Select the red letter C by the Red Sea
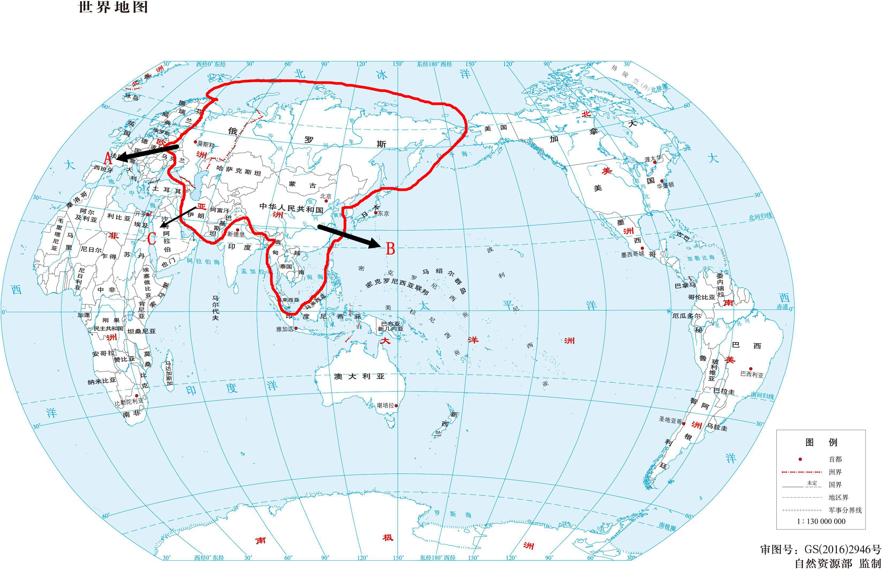(152, 239)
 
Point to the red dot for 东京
(376, 212)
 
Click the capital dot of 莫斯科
(195, 142)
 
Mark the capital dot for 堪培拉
(396, 405)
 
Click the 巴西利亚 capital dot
(751, 369)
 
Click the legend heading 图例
(821, 442)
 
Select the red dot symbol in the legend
(800, 459)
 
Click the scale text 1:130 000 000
(821, 521)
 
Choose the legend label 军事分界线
(845, 510)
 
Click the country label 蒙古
(303, 185)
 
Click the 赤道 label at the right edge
(782, 307)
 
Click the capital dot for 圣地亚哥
(684, 424)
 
